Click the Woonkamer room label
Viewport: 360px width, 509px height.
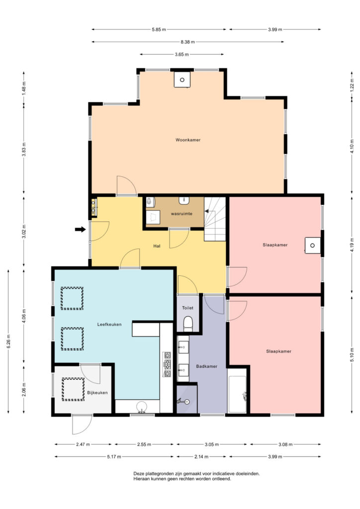188,140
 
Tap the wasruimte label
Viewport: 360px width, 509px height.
181,214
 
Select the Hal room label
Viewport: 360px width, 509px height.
157,246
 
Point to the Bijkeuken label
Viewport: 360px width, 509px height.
97,393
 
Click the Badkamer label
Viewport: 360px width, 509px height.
206,366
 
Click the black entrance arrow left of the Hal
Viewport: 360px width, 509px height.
80,230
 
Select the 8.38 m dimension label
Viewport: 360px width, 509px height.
188,42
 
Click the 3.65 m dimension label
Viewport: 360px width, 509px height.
182,55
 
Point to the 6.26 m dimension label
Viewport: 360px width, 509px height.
9,341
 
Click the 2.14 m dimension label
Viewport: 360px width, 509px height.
201,457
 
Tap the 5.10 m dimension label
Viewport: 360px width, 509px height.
352,355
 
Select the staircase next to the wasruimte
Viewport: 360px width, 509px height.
215,219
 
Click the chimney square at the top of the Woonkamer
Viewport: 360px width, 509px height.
182,80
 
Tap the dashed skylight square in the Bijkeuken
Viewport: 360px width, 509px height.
73,389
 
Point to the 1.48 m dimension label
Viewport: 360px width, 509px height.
24,88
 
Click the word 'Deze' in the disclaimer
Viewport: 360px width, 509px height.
138,474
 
